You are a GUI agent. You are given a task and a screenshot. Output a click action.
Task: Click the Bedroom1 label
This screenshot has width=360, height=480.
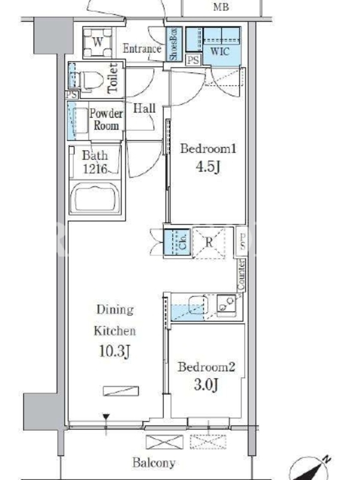[208, 149]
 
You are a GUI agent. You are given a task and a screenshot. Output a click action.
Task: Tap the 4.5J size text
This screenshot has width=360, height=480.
[208, 167]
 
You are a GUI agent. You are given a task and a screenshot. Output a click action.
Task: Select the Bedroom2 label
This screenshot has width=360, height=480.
[206, 367]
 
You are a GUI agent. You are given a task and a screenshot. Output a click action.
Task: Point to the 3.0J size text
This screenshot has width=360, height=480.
[206, 385]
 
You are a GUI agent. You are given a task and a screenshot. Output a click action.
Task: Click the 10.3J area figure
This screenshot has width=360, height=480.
[115, 351]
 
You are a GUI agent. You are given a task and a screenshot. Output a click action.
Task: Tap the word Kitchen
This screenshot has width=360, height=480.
[115, 331]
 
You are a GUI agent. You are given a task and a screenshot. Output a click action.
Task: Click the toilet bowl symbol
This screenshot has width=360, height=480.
[89, 80]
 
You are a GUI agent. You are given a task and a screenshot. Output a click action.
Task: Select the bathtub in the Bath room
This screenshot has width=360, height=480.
[95, 197]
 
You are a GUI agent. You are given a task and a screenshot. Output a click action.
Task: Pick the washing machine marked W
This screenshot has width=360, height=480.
[98, 42]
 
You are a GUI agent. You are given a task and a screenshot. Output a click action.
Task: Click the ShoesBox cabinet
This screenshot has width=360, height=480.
[173, 44]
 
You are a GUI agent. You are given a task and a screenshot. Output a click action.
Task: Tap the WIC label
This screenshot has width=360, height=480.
[220, 51]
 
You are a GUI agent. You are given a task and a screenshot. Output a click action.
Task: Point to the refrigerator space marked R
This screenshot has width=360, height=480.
[209, 243]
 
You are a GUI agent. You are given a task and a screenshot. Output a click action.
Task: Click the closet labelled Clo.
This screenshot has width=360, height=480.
[176, 242]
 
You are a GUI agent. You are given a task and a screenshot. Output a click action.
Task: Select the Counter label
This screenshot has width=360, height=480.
[242, 275]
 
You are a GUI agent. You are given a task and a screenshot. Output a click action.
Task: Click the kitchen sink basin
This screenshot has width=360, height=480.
[198, 305]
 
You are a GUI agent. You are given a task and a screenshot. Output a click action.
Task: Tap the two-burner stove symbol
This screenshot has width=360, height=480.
[226, 304]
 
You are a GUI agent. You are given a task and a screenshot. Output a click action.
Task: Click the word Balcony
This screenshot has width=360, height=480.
[154, 463]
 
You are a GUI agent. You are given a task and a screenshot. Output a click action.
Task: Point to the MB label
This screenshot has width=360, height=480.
[221, 7]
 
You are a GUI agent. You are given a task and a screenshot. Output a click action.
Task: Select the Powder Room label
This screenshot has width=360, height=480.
[106, 119]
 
